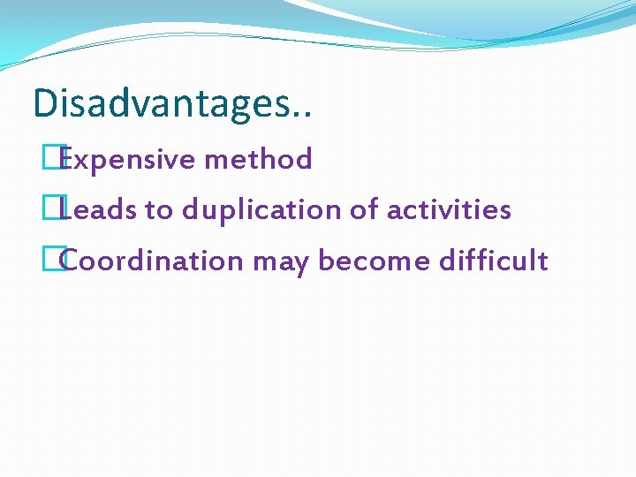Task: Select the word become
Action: tap(367, 261)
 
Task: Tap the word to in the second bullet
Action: tap(161, 211)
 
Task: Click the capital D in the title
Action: tap(44, 103)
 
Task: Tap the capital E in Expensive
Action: tap(69, 160)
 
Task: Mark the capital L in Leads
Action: tap(69, 210)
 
